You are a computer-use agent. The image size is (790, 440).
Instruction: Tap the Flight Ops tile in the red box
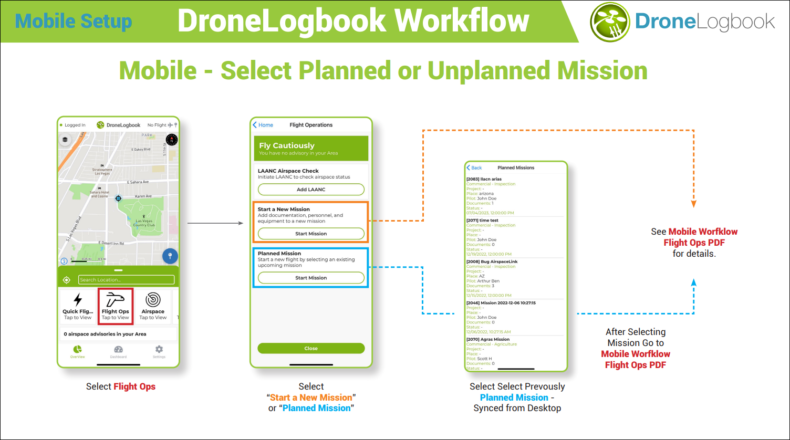[116, 306]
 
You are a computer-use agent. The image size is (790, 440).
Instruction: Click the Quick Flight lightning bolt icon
[78, 300]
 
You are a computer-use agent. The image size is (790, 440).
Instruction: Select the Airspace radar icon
[153, 299]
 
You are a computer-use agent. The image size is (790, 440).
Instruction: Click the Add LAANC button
[311, 190]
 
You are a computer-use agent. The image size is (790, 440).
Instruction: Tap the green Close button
[311, 348]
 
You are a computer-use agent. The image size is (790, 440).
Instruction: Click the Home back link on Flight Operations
[263, 125]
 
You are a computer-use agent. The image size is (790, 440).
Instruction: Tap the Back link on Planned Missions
[474, 168]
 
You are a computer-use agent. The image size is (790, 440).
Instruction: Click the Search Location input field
[126, 280]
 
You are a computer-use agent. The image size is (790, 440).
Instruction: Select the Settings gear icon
[159, 350]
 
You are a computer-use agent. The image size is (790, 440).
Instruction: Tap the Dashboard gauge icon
[118, 350]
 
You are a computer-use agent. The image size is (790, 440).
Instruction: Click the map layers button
[65, 140]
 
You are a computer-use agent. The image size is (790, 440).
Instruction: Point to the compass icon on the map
[171, 140]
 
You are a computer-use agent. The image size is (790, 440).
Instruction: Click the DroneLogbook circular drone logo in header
[609, 22]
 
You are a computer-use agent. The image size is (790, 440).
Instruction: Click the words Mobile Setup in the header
[74, 22]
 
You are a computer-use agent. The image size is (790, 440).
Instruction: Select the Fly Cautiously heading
[287, 145]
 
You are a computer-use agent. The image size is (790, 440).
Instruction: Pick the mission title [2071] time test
[482, 221]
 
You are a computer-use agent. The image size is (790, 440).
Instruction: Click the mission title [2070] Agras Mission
[488, 339]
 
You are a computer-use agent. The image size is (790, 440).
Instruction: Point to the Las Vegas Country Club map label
[144, 223]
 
